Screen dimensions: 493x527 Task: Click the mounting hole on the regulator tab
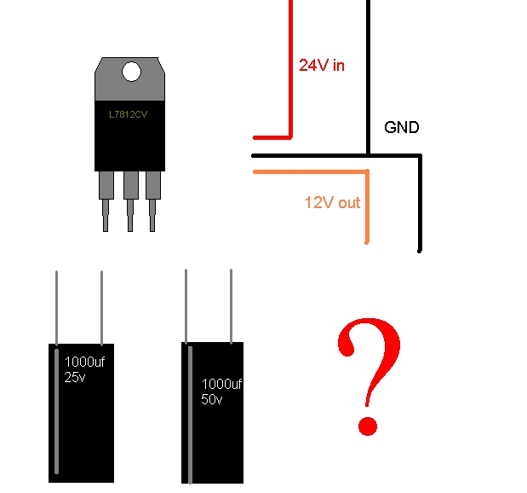point(131,72)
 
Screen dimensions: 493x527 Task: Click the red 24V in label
point(322,65)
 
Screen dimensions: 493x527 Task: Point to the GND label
point(402,128)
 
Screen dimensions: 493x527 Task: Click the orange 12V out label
point(332,203)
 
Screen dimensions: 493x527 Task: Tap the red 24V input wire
point(290,68)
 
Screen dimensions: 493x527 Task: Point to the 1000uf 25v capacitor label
point(83,368)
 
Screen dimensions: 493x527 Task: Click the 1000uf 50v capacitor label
point(221,392)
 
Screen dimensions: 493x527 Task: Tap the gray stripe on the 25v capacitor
point(57,409)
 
